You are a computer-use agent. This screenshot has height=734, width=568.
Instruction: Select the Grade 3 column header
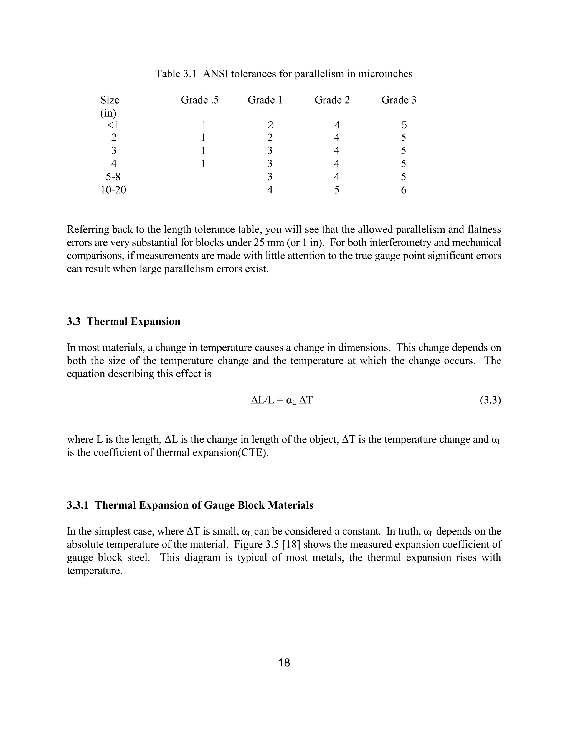pos(399,100)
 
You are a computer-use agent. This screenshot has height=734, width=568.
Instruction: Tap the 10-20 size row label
pos(113,190)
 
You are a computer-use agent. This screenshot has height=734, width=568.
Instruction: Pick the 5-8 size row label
pos(113,177)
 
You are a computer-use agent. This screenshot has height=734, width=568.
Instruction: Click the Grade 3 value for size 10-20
pos(404,190)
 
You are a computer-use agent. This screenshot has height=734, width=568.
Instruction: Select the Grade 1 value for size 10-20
pos(270,190)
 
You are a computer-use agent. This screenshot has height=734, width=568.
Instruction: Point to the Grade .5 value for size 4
pos(203,164)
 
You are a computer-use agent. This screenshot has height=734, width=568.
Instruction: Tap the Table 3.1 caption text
pos(284,74)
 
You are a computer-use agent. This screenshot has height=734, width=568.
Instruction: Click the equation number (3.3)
pos(490,400)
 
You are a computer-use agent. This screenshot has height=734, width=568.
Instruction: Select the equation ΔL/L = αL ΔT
pos(282,400)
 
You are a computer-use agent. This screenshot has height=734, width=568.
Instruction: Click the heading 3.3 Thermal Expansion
pos(123,321)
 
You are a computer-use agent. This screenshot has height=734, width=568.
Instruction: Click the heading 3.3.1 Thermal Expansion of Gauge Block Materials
pos(190,505)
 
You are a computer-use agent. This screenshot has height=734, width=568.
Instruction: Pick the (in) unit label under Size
pos(108,113)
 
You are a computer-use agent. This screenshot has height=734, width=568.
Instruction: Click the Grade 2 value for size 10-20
pos(336,190)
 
